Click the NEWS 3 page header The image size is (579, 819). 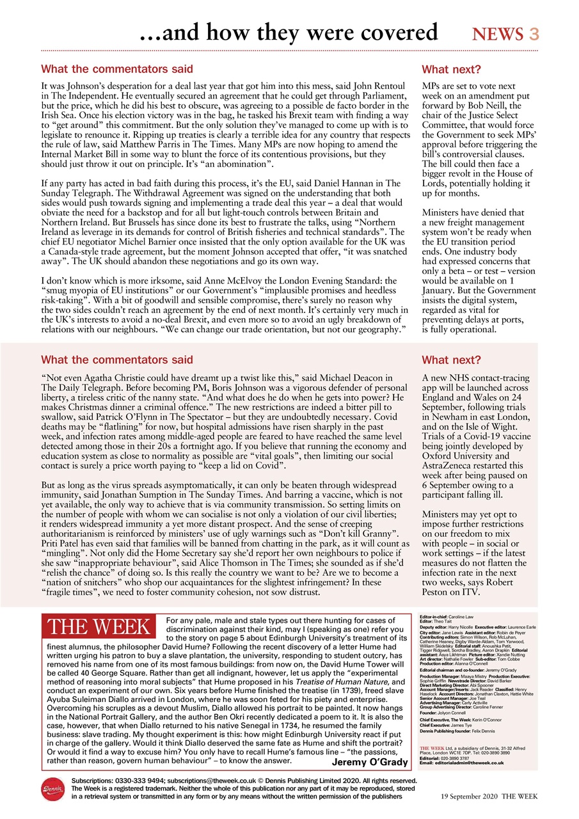(505, 34)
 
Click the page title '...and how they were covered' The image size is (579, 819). (289, 32)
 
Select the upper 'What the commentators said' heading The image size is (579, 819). (116, 69)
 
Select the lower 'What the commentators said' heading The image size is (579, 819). (116, 360)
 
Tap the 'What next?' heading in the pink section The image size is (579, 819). (451, 360)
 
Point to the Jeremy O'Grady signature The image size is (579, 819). (369, 762)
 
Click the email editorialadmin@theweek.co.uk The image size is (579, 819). (469, 763)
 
